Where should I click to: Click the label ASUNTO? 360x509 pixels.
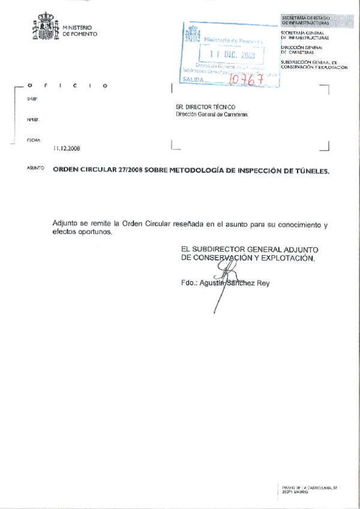[35, 169]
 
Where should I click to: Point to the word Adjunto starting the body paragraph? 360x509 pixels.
[65, 224]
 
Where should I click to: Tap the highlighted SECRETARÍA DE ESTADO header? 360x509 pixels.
[305, 20]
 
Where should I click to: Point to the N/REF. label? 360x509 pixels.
[32, 119]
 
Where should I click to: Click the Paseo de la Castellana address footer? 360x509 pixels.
[310, 490]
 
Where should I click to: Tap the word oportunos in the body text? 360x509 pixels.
[94, 232]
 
